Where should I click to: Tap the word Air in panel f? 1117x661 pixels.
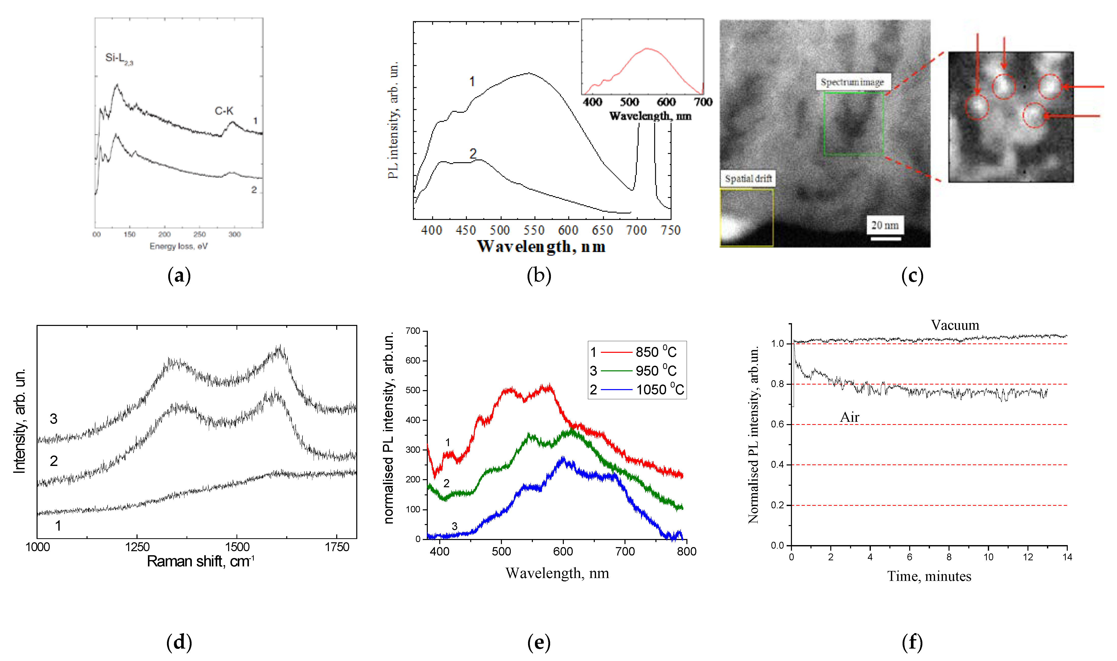tap(849, 417)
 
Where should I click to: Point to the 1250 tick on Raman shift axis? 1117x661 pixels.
tap(137, 547)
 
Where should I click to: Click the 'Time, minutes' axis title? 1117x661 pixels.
tap(929, 576)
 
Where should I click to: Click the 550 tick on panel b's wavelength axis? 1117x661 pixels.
tap(534, 230)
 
